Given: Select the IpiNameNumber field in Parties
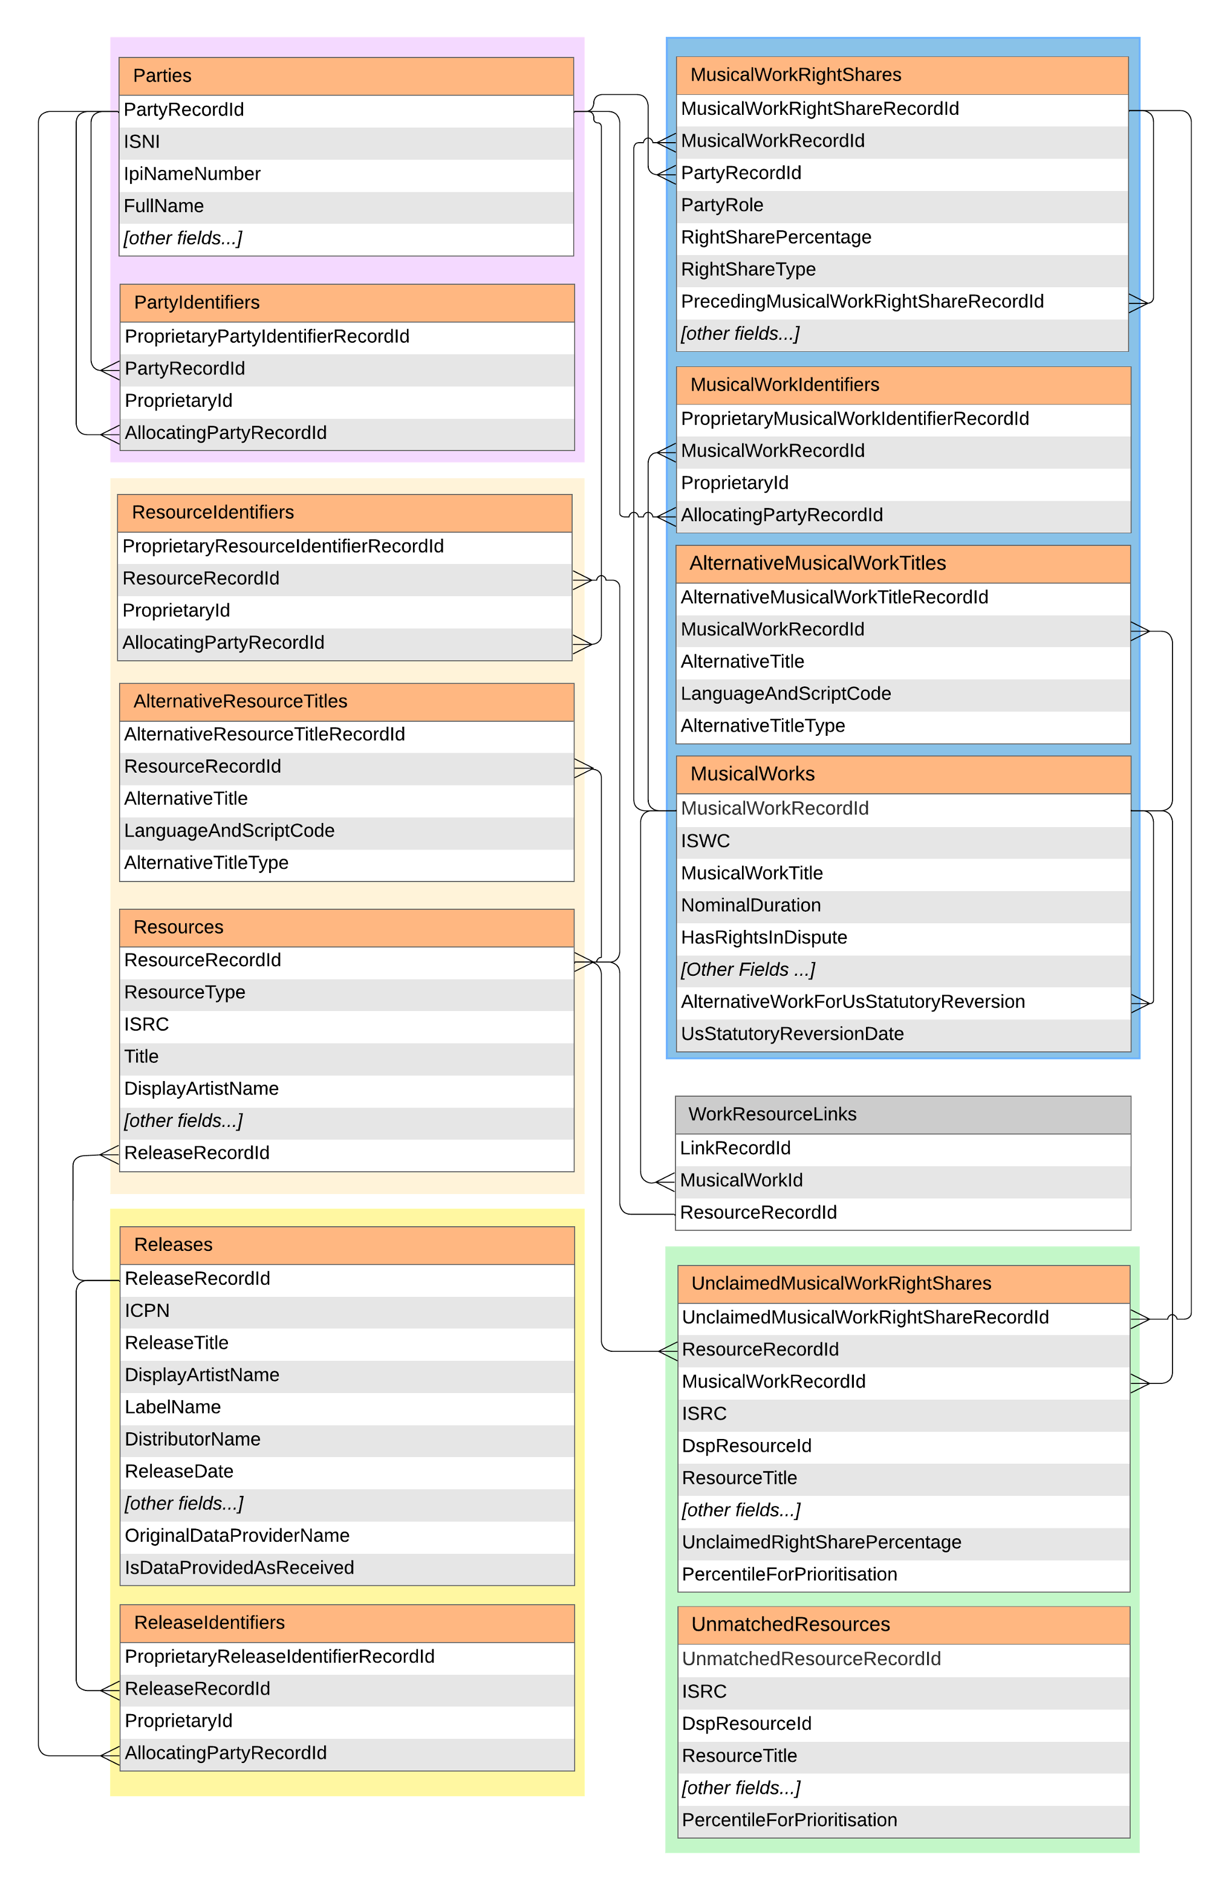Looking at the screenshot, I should coord(192,174).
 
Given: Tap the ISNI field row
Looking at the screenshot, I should coord(142,142).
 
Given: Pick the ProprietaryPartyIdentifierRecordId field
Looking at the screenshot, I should coord(267,337).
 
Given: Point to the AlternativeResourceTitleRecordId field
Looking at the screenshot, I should coord(264,735).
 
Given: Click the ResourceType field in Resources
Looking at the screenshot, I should coord(185,993).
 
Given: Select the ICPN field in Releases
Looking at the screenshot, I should coord(148,1311).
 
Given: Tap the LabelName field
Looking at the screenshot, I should coord(173,1407).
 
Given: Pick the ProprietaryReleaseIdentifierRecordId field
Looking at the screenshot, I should coord(279,1657).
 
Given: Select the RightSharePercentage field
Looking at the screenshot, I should coord(776,238).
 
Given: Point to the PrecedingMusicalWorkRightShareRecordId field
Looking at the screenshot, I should coord(862,302).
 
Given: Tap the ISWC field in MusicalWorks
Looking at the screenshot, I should coord(706,841).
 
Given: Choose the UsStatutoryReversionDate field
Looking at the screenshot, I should coord(792,1034).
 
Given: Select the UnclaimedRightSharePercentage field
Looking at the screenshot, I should coord(822,1542).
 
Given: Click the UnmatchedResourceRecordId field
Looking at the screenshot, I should coord(812,1659).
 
